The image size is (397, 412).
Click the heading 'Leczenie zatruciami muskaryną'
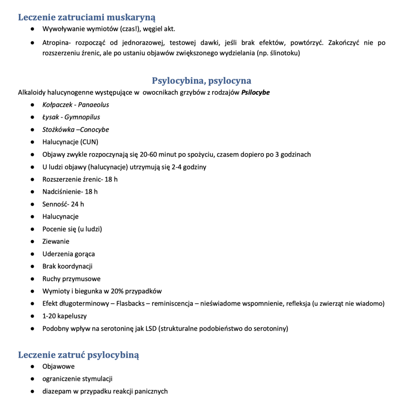87,17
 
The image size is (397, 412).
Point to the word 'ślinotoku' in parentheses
284,53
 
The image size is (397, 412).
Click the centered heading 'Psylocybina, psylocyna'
201,81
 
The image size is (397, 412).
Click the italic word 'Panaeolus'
93,105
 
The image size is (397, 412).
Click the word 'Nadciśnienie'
61,192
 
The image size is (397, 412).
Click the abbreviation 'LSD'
149,329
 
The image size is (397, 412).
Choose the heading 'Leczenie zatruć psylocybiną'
79,355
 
